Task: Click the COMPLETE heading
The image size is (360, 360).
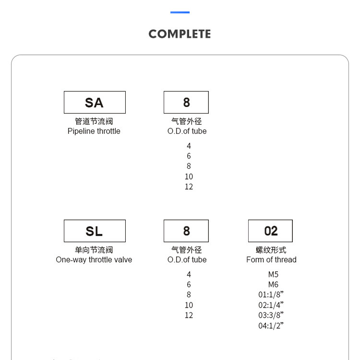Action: [x=180, y=34]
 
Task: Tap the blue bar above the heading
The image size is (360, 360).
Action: [x=180, y=12]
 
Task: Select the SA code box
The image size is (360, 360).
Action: [x=95, y=102]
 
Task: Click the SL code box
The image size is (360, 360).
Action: [x=95, y=231]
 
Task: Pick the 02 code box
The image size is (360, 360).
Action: [x=270, y=231]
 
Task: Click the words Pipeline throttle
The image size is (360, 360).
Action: [x=94, y=131]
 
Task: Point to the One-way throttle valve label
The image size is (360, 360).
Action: [x=94, y=260]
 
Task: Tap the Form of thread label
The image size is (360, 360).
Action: [x=271, y=260]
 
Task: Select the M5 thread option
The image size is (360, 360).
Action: [x=273, y=275]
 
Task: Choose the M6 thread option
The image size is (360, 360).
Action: [x=273, y=285]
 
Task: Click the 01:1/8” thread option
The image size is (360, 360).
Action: [x=271, y=295]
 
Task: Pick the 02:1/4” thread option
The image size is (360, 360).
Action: [x=271, y=305]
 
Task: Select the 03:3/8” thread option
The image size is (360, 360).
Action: [x=271, y=315]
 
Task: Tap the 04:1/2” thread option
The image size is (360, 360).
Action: [x=271, y=326]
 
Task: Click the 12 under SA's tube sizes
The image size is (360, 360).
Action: [x=189, y=187]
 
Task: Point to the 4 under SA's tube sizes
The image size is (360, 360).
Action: [x=189, y=145]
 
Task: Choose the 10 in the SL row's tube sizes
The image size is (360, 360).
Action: [x=189, y=305]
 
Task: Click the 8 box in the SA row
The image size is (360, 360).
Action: [x=186, y=102]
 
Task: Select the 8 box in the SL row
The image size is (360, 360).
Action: [x=186, y=231]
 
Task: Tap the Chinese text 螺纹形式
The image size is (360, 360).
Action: [x=271, y=250]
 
